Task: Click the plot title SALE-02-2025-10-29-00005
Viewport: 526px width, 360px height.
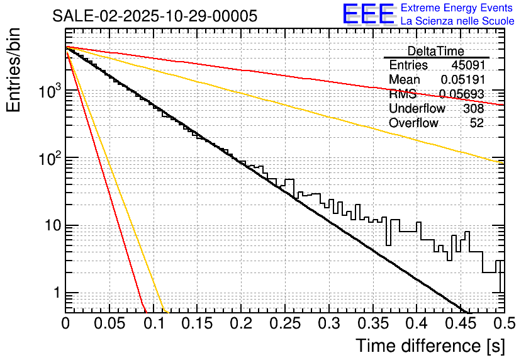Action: [155, 16]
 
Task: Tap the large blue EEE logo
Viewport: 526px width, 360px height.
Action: [369, 14]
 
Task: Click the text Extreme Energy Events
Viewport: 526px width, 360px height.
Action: [457, 8]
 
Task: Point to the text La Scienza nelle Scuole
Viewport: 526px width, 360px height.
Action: [457, 21]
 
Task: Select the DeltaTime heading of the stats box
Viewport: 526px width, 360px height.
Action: [436, 51]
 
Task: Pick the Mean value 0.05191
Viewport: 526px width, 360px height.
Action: [462, 80]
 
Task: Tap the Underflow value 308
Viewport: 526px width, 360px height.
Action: [473, 109]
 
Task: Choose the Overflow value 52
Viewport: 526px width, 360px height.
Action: [477, 123]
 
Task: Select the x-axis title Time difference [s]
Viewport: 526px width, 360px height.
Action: [429, 346]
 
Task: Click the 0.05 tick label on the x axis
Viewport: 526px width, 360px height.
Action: [109, 324]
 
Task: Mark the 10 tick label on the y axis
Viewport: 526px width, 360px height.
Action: [50, 225]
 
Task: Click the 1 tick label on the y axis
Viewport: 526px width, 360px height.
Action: [55, 293]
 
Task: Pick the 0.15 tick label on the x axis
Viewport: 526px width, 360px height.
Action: [197, 324]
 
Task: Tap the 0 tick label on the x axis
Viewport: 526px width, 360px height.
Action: [65, 324]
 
